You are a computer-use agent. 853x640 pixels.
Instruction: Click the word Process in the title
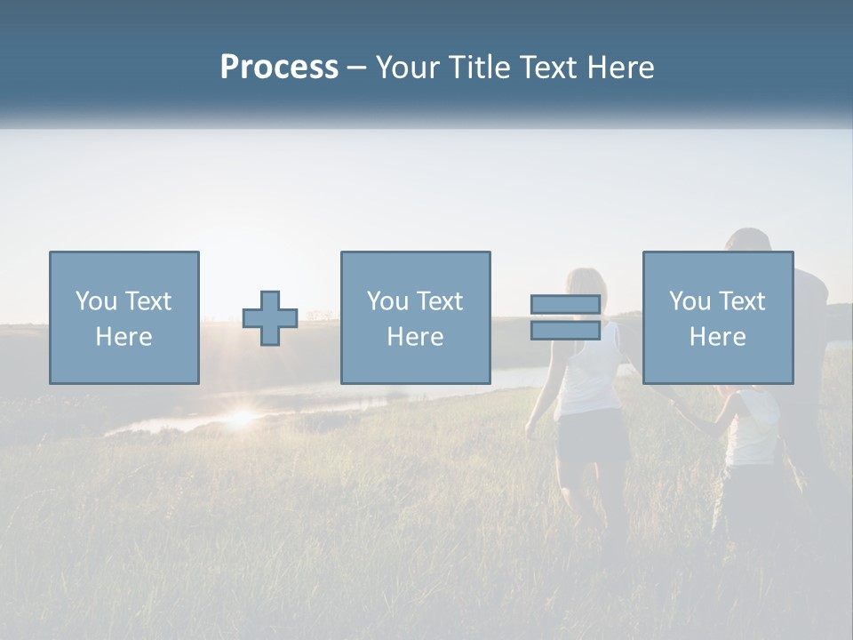(x=279, y=68)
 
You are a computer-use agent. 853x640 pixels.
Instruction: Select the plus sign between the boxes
(x=270, y=318)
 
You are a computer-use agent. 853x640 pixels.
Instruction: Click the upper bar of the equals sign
(x=565, y=305)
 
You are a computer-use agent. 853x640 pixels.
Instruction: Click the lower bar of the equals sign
(x=565, y=331)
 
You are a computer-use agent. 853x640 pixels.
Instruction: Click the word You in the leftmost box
(x=96, y=301)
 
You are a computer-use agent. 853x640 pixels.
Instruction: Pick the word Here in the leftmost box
(x=124, y=337)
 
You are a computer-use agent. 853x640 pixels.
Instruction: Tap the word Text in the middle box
(x=441, y=301)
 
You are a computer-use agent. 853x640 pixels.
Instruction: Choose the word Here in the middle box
(x=415, y=337)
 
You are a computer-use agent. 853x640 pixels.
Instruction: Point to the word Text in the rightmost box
(x=743, y=301)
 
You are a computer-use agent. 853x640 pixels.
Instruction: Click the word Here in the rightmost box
(x=717, y=337)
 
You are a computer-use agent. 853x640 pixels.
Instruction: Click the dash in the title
(x=356, y=68)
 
